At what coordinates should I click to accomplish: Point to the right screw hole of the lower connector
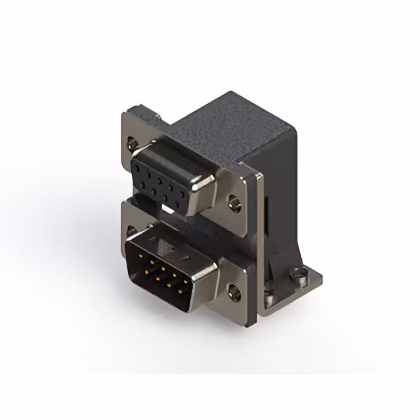(233, 289)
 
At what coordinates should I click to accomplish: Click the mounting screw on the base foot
(301, 278)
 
